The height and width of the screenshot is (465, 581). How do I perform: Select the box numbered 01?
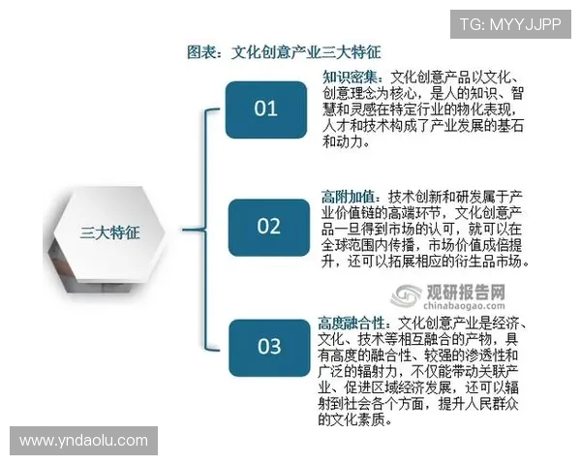[266, 108]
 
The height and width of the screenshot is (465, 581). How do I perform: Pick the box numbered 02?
[266, 227]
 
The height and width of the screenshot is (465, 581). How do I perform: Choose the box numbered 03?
[266, 346]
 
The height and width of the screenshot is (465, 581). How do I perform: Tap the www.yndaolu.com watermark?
[83, 441]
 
